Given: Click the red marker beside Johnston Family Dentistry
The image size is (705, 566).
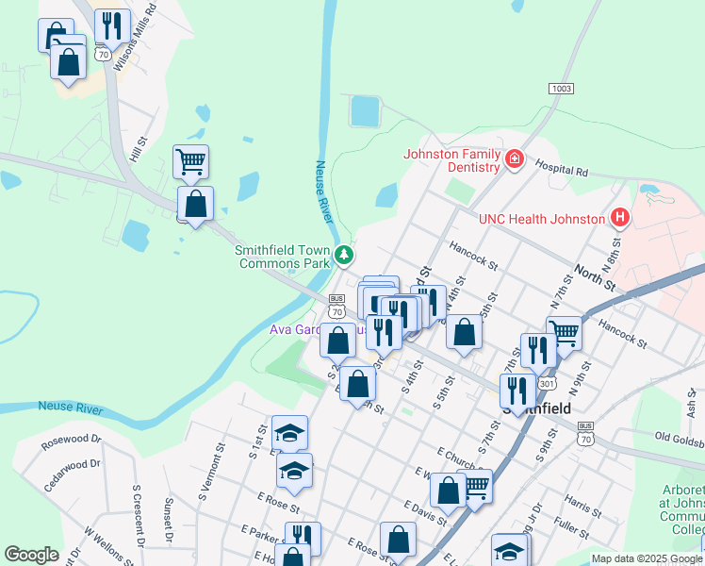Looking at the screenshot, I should click(515, 158).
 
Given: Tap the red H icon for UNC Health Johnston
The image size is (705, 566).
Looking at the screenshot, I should click(619, 219).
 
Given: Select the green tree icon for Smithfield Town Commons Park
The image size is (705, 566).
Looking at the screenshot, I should click(345, 254).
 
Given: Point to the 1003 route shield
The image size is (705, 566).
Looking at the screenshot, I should click(561, 89).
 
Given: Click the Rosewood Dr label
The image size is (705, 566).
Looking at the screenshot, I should click(72, 441).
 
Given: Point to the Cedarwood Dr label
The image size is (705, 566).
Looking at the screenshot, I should click(71, 474).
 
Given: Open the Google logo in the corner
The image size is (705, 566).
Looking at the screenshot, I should click(31, 555).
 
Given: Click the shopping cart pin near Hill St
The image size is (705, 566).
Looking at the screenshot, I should click(190, 162).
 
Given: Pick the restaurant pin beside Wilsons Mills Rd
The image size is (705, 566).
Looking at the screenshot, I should click(112, 27).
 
